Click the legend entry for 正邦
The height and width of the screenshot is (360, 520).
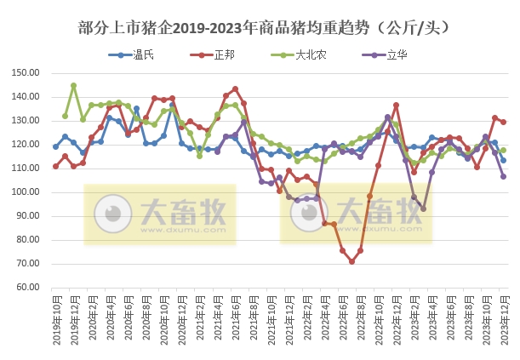(x=217, y=54)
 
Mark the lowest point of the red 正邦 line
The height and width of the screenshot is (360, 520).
(x=351, y=261)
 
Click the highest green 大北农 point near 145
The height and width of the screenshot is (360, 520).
(x=73, y=85)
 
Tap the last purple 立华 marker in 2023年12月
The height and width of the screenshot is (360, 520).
(x=503, y=176)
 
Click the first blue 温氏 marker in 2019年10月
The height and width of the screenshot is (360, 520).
(x=55, y=146)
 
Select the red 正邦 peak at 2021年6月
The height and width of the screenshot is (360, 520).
(x=235, y=89)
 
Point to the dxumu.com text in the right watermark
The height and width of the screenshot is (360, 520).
(x=367, y=227)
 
